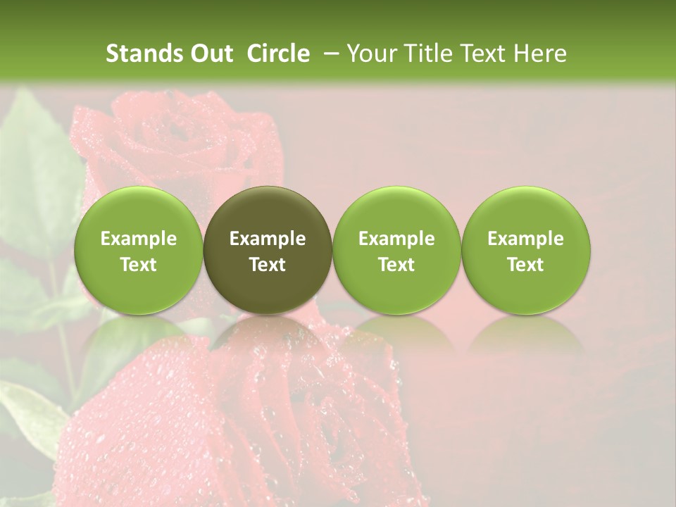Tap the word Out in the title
(210, 54)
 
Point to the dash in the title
(329, 54)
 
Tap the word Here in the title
(539, 54)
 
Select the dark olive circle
(268, 250)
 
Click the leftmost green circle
(139, 250)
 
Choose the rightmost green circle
(525, 250)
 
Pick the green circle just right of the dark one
(396, 250)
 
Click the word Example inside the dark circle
(268, 239)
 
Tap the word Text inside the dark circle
(268, 265)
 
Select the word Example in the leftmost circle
(139, 239)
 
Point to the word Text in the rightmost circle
(525, 265)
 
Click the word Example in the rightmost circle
(525, 239)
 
